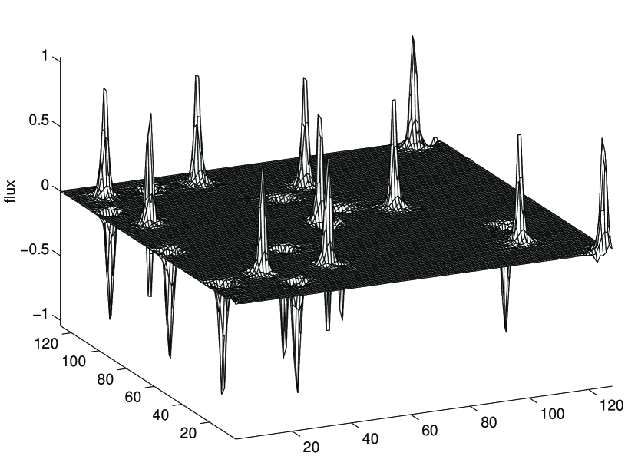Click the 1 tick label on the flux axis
[45, 57]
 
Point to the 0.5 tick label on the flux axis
[38, 121]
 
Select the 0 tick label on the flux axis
[44, 186]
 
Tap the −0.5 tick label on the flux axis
[35, 250]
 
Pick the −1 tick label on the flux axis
[40, 315]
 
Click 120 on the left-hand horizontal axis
[47, 343]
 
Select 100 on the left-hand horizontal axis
[74, 362]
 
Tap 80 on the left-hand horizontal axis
[105, 379]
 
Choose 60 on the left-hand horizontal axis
[133, 397]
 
